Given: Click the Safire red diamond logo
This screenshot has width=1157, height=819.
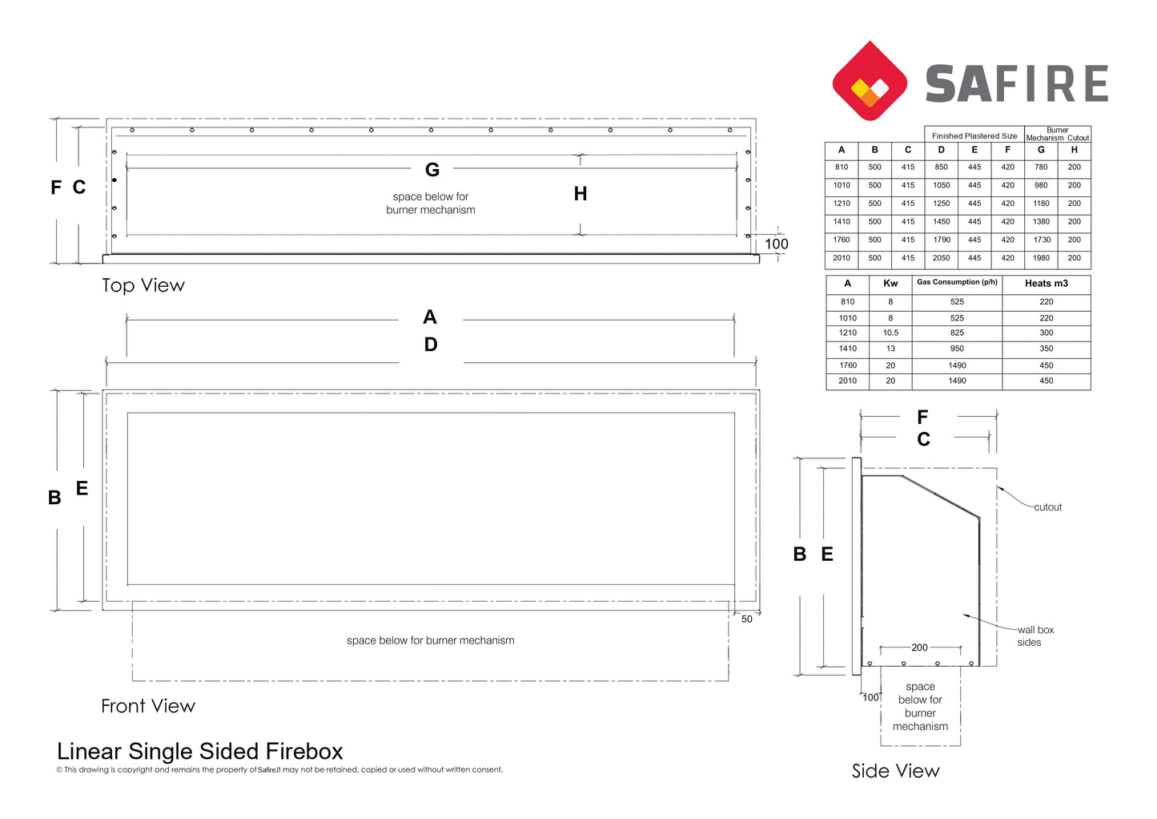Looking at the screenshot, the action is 870,81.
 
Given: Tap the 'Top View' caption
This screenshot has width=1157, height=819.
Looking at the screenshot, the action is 143,285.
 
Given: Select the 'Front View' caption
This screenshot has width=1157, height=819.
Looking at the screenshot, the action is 148,706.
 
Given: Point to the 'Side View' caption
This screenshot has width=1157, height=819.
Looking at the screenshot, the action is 896,771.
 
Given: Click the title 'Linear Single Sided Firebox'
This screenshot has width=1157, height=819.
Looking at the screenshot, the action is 200,751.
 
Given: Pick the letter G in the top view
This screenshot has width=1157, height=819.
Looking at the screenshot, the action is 432,170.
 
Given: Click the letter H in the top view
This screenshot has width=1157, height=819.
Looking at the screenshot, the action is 581,194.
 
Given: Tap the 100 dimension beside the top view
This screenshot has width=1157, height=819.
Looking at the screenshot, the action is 777,244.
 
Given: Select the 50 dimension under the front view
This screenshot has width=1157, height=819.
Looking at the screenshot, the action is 747,619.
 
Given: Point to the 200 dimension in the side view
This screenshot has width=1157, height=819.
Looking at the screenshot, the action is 919,648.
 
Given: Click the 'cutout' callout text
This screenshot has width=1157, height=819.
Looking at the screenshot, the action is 1048,507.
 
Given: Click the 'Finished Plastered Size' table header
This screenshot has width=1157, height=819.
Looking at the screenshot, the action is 974,136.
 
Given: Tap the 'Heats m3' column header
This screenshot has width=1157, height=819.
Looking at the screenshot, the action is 1047,284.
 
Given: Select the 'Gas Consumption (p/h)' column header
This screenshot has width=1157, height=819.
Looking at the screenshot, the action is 957,282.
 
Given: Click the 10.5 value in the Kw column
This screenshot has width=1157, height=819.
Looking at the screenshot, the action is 890,333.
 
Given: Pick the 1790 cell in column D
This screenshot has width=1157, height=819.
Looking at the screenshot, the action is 941,240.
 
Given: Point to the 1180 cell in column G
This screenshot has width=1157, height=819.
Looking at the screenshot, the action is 1041,204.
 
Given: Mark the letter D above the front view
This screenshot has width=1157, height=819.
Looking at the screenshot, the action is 431,345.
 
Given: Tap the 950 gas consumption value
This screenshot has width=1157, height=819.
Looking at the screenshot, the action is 957,349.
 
